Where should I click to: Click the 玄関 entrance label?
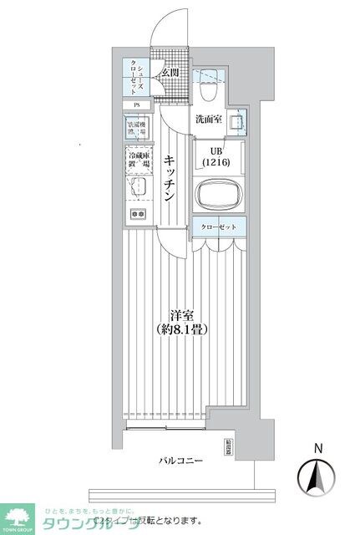point(170,74)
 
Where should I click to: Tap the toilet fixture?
point(210,81)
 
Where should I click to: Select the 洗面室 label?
point(209,120)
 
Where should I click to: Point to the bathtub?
point(220,195)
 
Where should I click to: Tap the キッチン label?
point(169,178)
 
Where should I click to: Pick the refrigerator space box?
point(139,160)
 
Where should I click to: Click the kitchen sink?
point(138,187)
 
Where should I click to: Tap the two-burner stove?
point(138,213)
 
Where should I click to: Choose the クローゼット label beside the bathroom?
point(220,227)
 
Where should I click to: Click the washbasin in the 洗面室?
point(236,122)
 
